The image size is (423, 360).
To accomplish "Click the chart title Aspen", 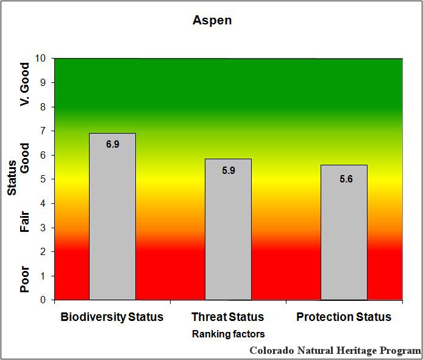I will (x=212, y=20).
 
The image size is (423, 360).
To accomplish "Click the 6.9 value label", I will (x=112, y=145).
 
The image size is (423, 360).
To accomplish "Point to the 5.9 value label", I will (x=228, y=170).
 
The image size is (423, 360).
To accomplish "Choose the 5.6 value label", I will (x=344, y=179).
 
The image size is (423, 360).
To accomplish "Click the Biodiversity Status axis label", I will (x=112, y=317).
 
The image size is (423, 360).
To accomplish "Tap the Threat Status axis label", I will (x=228, y=317).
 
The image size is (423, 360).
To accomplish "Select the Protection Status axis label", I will (x=344, y=317).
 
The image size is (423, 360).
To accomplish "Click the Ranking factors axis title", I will (x=228, y=334).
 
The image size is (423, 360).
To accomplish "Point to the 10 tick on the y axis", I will (x=41, y=59).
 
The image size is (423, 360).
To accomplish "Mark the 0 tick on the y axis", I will (x=43, y=300).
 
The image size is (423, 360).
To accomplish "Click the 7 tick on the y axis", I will (x=43, y=131).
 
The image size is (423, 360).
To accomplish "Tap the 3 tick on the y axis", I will (x=43, y=228).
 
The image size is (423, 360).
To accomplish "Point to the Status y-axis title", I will (x=12, y=182).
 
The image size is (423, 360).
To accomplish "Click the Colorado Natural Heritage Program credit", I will (x=335, y=351).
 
